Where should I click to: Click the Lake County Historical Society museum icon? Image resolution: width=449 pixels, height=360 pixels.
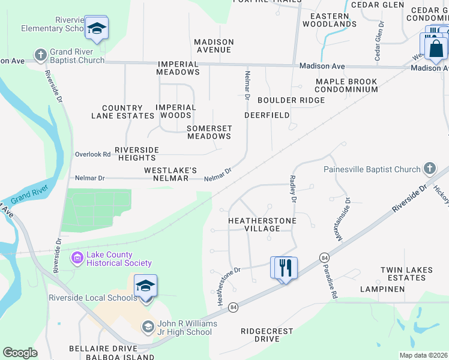click(77, 259)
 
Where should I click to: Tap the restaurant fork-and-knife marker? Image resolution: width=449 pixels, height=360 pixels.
click(284, 268)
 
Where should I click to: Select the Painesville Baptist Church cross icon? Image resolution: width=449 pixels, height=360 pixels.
click(429, 169)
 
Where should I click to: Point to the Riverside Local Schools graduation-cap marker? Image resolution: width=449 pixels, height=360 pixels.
click(145, 286)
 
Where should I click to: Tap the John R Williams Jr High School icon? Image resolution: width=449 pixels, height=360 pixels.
click(148, 327)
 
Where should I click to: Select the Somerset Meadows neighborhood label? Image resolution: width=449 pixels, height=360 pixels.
click(209, 132)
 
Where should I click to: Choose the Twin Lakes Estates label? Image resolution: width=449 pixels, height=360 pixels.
click(406, 274)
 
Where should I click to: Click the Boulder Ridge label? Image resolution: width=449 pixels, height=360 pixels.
click(291, 100)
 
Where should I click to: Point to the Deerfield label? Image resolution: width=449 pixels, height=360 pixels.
click(267, 115)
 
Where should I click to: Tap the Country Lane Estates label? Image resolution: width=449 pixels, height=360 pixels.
click(122, 112)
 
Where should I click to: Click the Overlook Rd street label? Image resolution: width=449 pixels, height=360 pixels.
click(92, 154)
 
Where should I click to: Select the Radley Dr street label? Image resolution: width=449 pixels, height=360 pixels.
click(294, 188)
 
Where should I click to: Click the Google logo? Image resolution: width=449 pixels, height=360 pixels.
click(20, 353)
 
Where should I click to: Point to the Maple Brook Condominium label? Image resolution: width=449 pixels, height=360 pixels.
click(346, 85)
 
